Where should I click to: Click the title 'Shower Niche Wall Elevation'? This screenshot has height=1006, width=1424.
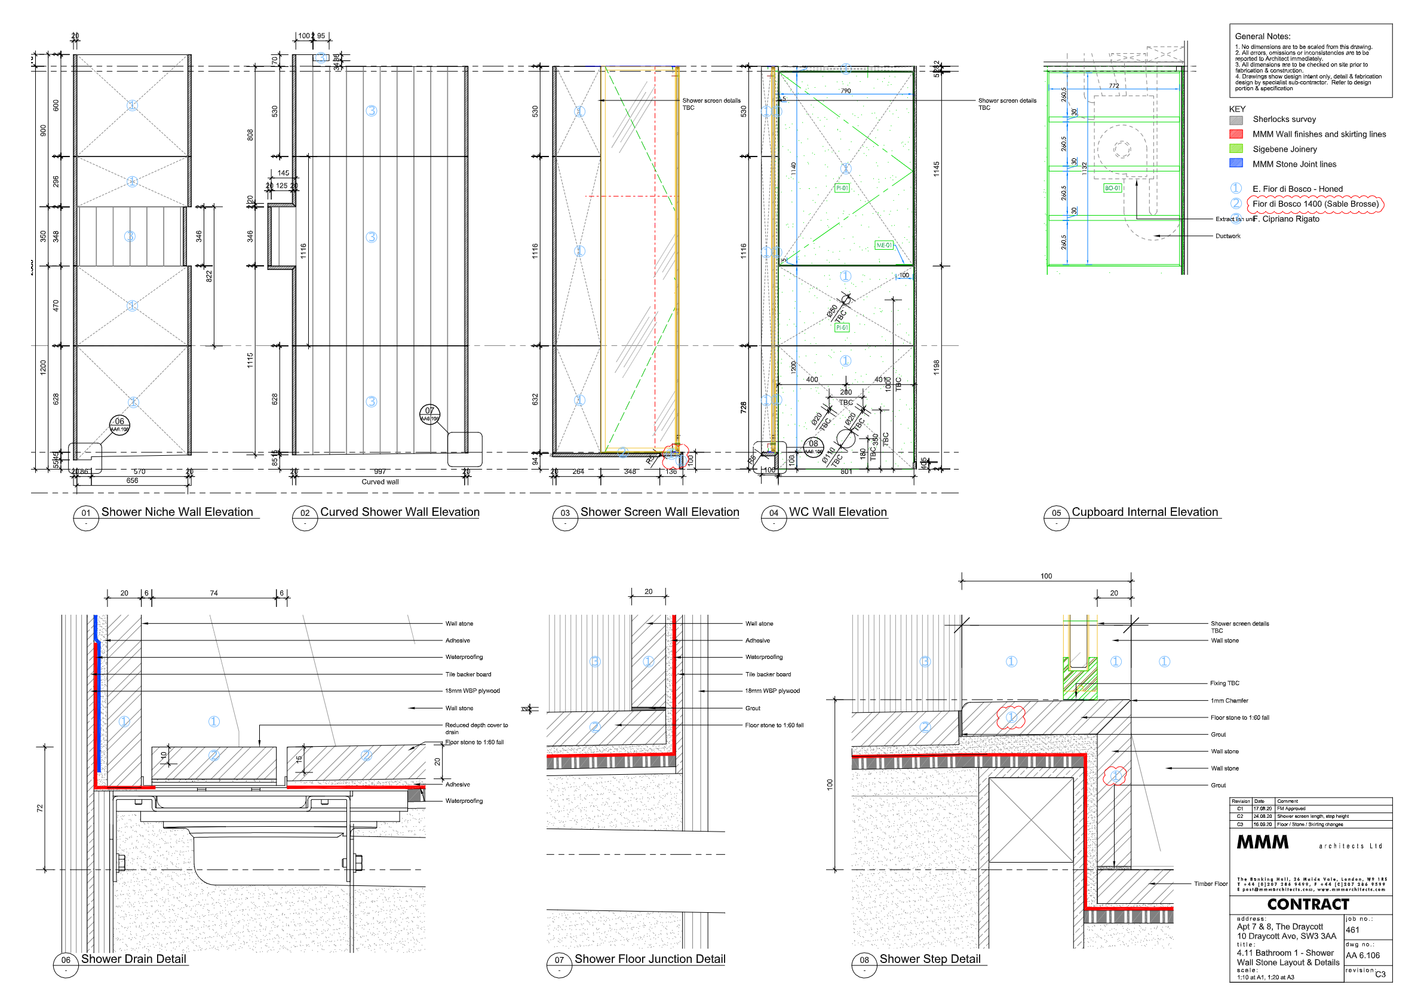pos(177,513)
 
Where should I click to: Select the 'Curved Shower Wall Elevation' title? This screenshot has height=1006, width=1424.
pos(400,513)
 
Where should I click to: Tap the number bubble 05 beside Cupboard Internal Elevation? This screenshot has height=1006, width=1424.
pos(1055,514)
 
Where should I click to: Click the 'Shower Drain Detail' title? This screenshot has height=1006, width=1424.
pos(133,959)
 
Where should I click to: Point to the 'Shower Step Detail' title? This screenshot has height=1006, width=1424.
pos(929,959)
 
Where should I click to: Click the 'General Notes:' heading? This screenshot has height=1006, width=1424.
pos(1262,36)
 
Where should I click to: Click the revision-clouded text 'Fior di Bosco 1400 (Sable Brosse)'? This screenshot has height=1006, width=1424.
pos(1315,204)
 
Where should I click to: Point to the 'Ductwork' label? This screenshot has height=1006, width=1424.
pos(1227,237)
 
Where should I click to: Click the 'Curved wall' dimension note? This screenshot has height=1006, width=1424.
pos(380,482)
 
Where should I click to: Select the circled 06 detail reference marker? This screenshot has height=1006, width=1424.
pos(119,425)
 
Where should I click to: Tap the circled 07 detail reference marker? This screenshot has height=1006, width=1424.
pos(430,413)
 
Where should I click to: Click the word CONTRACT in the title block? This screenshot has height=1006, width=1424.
pos(1308,904)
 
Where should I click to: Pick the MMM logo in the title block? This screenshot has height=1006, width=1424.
pos(1263,842)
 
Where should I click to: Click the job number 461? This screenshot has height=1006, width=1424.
pos(1353,930)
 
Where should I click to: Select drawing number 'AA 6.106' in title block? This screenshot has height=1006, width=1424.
pos(1362,956)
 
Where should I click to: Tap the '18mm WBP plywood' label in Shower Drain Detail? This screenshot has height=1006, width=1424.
pos(472,691)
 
